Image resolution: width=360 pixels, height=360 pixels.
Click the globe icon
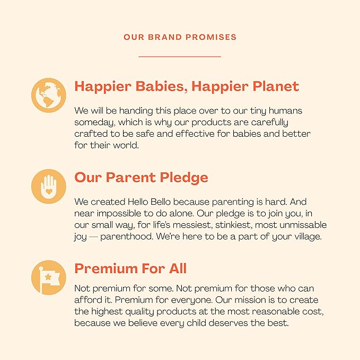[x=49, y=96]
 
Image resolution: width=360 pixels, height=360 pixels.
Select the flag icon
[x=49, y=277]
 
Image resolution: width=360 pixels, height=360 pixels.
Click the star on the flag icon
[x=49, y=276]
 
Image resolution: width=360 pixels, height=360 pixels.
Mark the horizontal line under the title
[x=180, y=56]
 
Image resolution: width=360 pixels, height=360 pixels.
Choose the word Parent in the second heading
[x=132, y=177]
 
